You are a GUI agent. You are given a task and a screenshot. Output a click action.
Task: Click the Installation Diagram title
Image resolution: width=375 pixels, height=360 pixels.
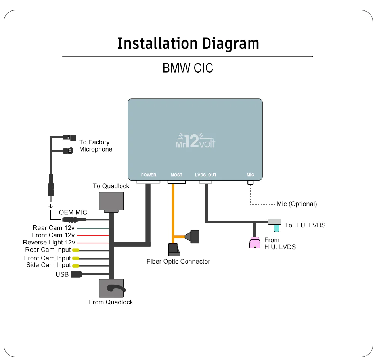coord(188,44)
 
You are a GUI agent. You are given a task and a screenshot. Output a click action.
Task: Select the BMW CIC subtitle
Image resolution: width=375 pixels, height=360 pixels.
coord(188,68)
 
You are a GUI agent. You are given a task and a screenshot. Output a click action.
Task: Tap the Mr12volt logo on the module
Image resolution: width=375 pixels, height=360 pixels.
coord(195,141)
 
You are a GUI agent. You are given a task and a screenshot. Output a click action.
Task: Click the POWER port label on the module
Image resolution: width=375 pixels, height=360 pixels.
coord(149,175)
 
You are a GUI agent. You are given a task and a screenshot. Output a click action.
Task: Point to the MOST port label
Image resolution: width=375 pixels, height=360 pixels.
coord(176,175)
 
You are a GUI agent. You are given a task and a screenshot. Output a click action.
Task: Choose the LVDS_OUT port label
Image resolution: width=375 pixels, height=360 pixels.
coord(206,175)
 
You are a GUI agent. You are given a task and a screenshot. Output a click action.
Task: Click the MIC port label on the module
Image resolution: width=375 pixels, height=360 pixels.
coord(251,175)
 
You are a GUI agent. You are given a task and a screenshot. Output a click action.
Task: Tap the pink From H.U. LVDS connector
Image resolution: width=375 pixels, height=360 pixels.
coord(255,243)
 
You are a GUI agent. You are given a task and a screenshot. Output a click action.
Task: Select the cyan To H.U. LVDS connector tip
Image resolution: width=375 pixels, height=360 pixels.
coord(277,228)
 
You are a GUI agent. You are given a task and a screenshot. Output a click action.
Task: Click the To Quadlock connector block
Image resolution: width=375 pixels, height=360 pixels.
coord(111,201)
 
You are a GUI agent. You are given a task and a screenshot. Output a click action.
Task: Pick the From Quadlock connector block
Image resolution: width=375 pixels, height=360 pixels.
coord(111,288)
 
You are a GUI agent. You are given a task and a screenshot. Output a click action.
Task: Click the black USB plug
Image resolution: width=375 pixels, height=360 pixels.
coord(77,274)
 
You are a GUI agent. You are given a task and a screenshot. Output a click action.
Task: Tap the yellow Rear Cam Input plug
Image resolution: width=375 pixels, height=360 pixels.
coord(76,250)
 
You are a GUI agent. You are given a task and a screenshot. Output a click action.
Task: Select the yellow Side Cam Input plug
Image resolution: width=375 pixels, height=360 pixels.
coord(76,266)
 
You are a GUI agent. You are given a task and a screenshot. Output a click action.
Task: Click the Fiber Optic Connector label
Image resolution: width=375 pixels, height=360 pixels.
coord(178,261)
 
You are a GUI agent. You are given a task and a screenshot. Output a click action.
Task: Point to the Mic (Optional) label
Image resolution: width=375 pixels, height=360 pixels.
coord(297,204)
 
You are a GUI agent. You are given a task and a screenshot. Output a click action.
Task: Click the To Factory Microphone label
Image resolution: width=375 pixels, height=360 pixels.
coord(96,146)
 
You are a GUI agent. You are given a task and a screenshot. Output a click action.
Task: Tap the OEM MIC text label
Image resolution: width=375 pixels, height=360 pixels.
coord(73,212)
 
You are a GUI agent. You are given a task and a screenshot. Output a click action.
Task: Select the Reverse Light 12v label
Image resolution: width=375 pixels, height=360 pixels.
coord(49,243)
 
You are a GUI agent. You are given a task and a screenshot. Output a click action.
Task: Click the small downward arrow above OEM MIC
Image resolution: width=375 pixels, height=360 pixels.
coord(51,206)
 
